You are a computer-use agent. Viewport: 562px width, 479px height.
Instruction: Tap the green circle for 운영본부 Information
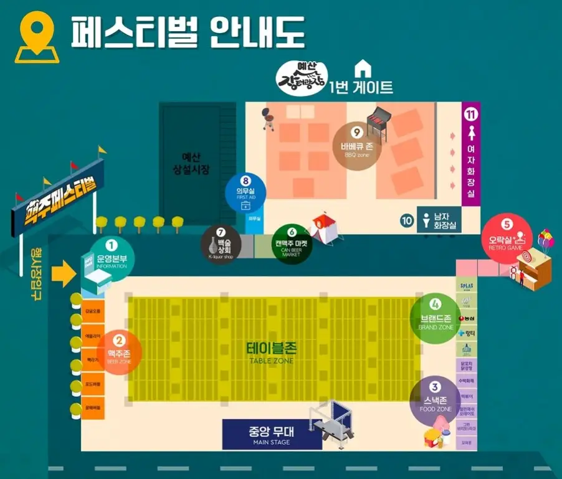pos(112,254)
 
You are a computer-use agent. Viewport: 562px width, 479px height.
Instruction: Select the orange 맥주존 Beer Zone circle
pos(119,352)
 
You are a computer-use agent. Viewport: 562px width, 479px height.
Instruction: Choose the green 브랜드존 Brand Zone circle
pos(436,316)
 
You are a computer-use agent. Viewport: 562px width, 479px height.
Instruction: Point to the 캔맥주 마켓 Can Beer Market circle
pos(292,244)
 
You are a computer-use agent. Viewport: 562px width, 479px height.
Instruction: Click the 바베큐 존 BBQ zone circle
pos(356,142)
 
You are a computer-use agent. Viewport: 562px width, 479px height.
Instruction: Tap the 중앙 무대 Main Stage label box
pos(272,434)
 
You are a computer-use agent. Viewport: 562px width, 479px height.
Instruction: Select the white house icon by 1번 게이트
pos(362,68)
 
